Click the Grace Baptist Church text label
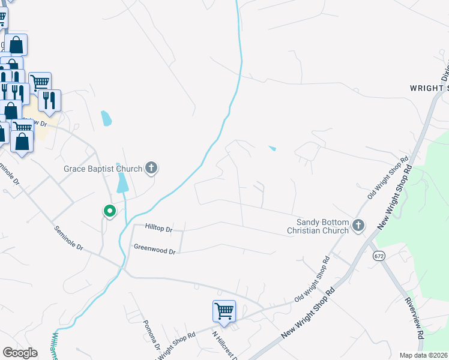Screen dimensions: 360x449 [103, 169]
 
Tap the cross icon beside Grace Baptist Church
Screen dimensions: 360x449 [151, 168]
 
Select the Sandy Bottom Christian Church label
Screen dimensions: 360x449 [318, 226]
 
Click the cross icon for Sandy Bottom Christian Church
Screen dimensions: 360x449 [358, 226]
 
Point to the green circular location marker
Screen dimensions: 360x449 [109, 211]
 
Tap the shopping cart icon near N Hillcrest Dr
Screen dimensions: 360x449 [224, 311]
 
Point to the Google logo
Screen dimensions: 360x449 [20, 353]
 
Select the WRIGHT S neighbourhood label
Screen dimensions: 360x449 [429, 88]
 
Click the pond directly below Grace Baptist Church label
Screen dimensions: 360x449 [122, 182]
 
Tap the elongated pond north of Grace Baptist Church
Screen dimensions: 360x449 [106, 118]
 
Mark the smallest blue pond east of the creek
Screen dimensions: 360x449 [273, 149]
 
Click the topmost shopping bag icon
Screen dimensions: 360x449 [16, 44]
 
